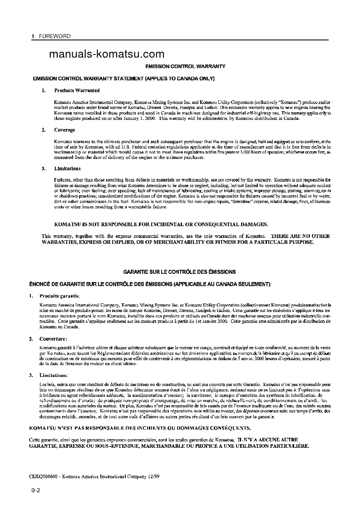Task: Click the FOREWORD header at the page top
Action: (x=55, y=36)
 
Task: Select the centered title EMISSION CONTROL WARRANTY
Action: (x=185, y=66)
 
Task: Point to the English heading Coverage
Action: (x=65, y=130)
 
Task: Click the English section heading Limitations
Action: (x=68, y=169)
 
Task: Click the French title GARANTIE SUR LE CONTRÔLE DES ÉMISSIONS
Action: (x=179, y=272)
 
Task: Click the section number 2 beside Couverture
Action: (x=30, y=339)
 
